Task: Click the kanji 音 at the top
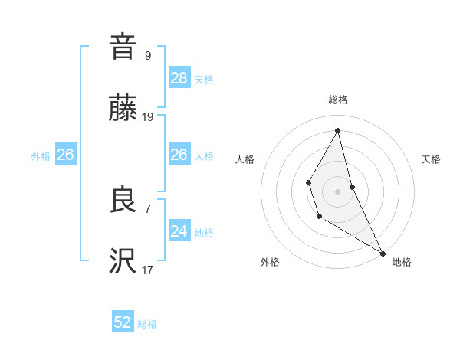point(123,47)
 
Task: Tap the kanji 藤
point(123,110)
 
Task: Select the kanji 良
point(123,201)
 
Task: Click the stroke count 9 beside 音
point(147,55)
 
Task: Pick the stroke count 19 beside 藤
point(148,117)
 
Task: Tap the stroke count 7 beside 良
point(147,208)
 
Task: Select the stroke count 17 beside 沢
point(148,270)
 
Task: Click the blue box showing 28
point(179,78)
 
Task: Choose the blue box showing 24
point(179,231)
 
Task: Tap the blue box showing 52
point(123,322)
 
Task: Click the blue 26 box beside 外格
point(65,155)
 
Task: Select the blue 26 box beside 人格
point(179,155)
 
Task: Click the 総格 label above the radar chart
point(338,100)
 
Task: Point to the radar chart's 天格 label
point(431,159)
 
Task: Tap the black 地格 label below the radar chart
point(402,262)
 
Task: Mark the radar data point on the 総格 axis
point(338,130)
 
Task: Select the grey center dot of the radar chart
point(338,190)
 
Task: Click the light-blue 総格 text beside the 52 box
point(147,324)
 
